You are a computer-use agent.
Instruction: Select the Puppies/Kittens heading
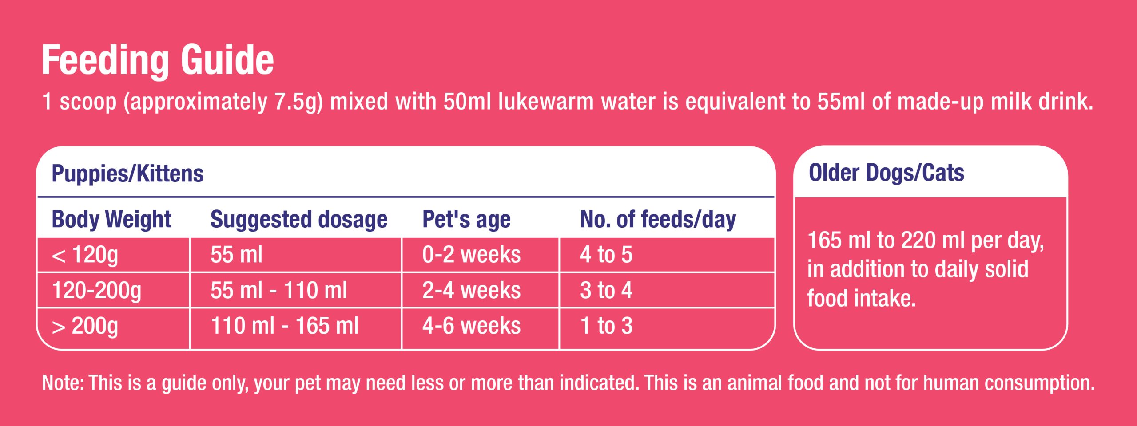127,174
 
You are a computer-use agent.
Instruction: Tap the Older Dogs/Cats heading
886,173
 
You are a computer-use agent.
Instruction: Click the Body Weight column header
111,219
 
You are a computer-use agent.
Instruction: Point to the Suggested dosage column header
298,219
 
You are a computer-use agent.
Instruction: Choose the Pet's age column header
466,219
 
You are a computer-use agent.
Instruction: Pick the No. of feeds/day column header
658,219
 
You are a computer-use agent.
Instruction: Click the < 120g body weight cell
85,255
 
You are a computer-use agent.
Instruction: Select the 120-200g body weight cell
96,290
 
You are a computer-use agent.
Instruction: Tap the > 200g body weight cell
85,326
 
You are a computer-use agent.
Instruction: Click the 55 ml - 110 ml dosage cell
278,290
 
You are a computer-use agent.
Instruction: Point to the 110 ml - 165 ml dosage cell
284,326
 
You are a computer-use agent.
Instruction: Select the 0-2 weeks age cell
471,255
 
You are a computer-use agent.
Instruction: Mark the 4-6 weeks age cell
471,326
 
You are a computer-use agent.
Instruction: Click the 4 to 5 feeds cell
606,255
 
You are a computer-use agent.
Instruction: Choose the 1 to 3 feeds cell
606,326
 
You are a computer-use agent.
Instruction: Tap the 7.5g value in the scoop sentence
296,102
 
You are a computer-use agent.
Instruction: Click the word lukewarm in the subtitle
546,102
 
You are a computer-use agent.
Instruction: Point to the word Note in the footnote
61,383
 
